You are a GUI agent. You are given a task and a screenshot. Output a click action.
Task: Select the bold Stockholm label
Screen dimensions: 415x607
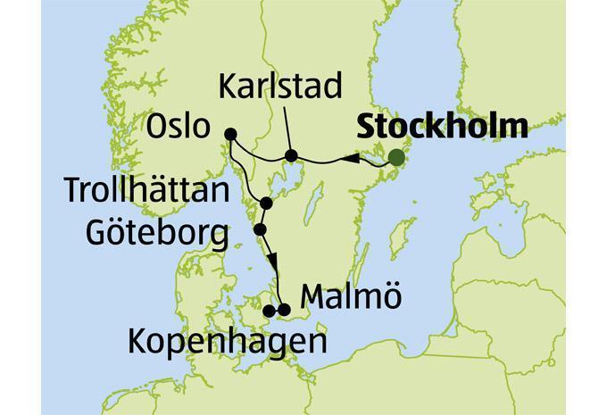(x=440, y=126)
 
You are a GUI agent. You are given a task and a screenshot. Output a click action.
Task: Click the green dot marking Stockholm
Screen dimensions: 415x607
(x=396, y=158)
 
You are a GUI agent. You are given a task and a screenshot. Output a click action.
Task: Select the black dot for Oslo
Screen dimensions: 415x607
(x=230, y=135)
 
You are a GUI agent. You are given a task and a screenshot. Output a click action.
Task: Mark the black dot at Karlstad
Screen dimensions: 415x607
(x=291, y=157)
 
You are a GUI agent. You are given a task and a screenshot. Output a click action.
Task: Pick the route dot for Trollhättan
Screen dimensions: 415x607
(x=266, y=204)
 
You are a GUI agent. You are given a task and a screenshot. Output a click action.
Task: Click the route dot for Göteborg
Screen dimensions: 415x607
(x=260, y=229)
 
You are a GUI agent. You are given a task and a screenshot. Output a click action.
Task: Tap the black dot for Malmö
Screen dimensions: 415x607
(x=285, y=310)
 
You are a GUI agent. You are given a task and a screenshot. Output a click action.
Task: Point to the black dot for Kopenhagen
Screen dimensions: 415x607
(x=269, y=311)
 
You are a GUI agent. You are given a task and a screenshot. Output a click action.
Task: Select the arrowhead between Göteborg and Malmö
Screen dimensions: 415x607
(x=273, y=260)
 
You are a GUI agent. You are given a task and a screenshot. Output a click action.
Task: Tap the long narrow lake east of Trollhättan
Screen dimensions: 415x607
(x=308, y=209)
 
